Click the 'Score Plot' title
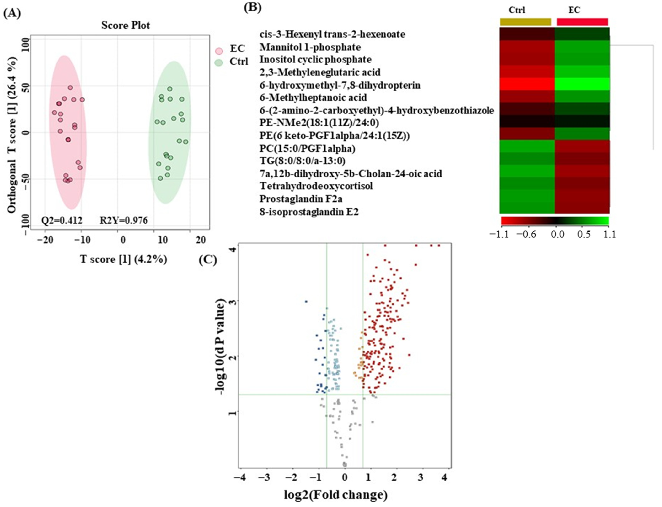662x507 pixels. (126, 25)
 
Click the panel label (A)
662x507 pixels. (12, 14)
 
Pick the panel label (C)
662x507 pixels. (208, 260)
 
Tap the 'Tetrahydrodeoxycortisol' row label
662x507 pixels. (316, 186)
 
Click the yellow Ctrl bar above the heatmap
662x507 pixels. (525, 22)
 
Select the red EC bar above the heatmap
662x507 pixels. (582, 22)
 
